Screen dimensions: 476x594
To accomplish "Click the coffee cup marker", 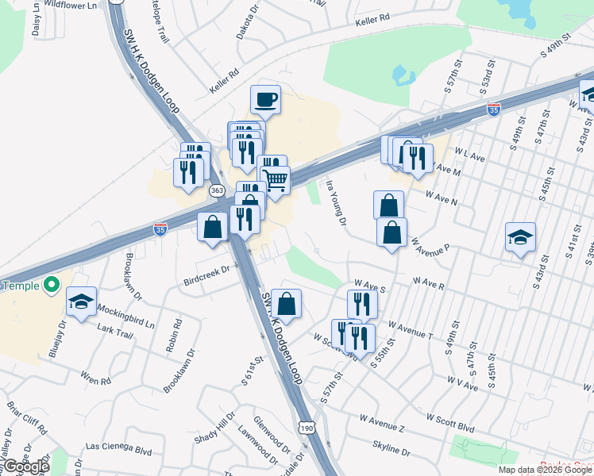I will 266,100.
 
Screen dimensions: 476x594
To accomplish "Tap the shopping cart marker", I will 275,181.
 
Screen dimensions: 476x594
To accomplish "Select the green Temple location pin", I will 52,283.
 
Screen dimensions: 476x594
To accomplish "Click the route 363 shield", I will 217,190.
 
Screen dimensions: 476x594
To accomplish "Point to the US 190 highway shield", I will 306,428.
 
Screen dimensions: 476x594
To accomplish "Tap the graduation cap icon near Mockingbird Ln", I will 81,301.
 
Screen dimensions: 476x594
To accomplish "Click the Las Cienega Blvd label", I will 118,448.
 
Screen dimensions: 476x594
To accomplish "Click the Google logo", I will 26,466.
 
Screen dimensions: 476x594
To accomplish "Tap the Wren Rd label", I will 95,381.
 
